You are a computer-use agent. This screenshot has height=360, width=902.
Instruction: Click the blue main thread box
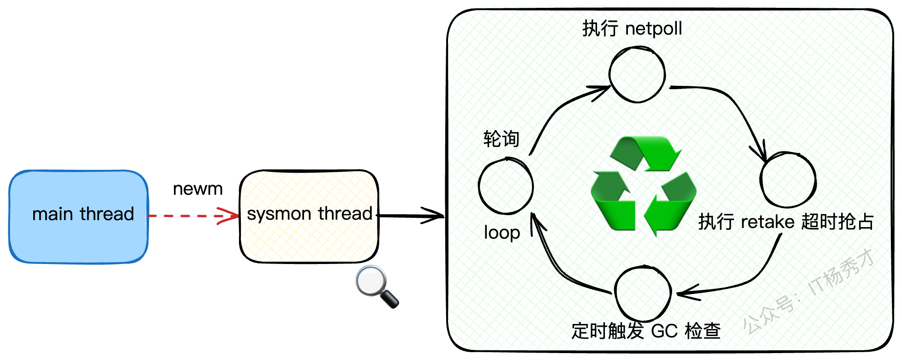(x=78, y=216)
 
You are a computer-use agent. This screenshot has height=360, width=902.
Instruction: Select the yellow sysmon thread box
(x=309, y=216)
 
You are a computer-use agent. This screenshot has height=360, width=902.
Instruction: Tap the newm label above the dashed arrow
(x=197, y=189)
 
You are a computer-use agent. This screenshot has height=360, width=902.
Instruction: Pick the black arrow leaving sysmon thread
(x=410, y=216)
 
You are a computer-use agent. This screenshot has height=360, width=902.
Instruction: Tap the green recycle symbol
(x=643, y=185)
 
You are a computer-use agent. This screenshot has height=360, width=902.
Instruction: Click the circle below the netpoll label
(x=637, y=74)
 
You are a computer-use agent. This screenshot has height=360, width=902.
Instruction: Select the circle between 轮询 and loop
(x=506, y=186)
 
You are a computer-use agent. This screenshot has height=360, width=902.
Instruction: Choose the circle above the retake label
(x=788, y=180)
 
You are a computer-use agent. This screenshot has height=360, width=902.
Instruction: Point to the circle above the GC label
(x=643, y=294)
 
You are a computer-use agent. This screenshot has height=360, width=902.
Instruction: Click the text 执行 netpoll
(x=632, y=29)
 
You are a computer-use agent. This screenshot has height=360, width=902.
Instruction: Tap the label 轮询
(x=502, y=138)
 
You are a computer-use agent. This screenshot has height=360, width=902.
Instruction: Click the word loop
(x=502, y=233)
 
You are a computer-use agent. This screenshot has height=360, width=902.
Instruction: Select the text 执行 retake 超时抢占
(x=786, y=222)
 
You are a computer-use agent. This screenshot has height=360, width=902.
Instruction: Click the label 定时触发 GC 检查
(x=645, y=331)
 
